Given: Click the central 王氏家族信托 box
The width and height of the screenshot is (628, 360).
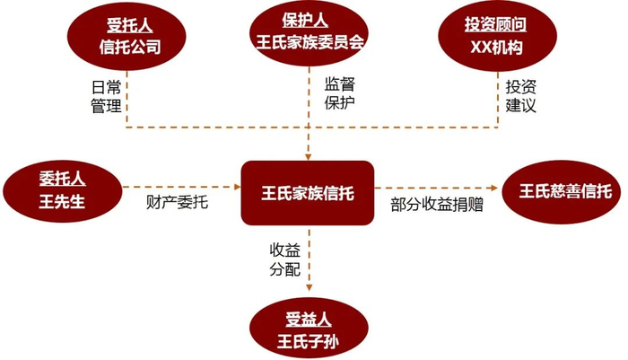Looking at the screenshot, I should (x=307, y=192).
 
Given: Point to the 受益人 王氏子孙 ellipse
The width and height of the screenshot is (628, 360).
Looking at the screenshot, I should (x=310, y=329).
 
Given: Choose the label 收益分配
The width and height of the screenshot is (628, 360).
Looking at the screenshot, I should (x=279, y=259).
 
